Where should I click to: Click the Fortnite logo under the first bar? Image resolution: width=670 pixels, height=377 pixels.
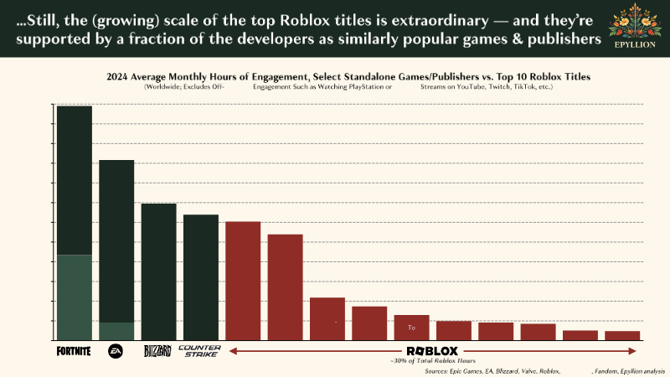tap(74, 351)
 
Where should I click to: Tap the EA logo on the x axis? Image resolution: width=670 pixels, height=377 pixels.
tap(116, 351)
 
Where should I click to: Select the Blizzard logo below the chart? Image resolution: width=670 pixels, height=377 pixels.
tap(157, 351)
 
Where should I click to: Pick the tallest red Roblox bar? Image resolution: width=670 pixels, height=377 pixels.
tap(243, 281)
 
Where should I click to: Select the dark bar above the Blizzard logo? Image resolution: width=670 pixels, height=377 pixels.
tap(158, 271)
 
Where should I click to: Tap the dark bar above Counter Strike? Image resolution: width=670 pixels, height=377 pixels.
tap(200, 277)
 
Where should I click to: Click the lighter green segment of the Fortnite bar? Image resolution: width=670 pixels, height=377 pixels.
tap(74, 297)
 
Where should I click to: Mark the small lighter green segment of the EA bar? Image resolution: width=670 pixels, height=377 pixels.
tap(116, 332)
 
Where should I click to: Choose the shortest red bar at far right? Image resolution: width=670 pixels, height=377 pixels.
tap(622, 336)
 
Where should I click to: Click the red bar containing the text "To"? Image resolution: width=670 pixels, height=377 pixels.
tap(411, 328)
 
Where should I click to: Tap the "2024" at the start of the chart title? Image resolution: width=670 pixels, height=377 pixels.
tap(118, 76)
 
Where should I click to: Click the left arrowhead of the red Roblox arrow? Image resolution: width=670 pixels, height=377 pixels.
tap(232, 351)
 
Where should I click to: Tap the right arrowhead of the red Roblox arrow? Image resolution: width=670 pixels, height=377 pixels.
tap(637, 351)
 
